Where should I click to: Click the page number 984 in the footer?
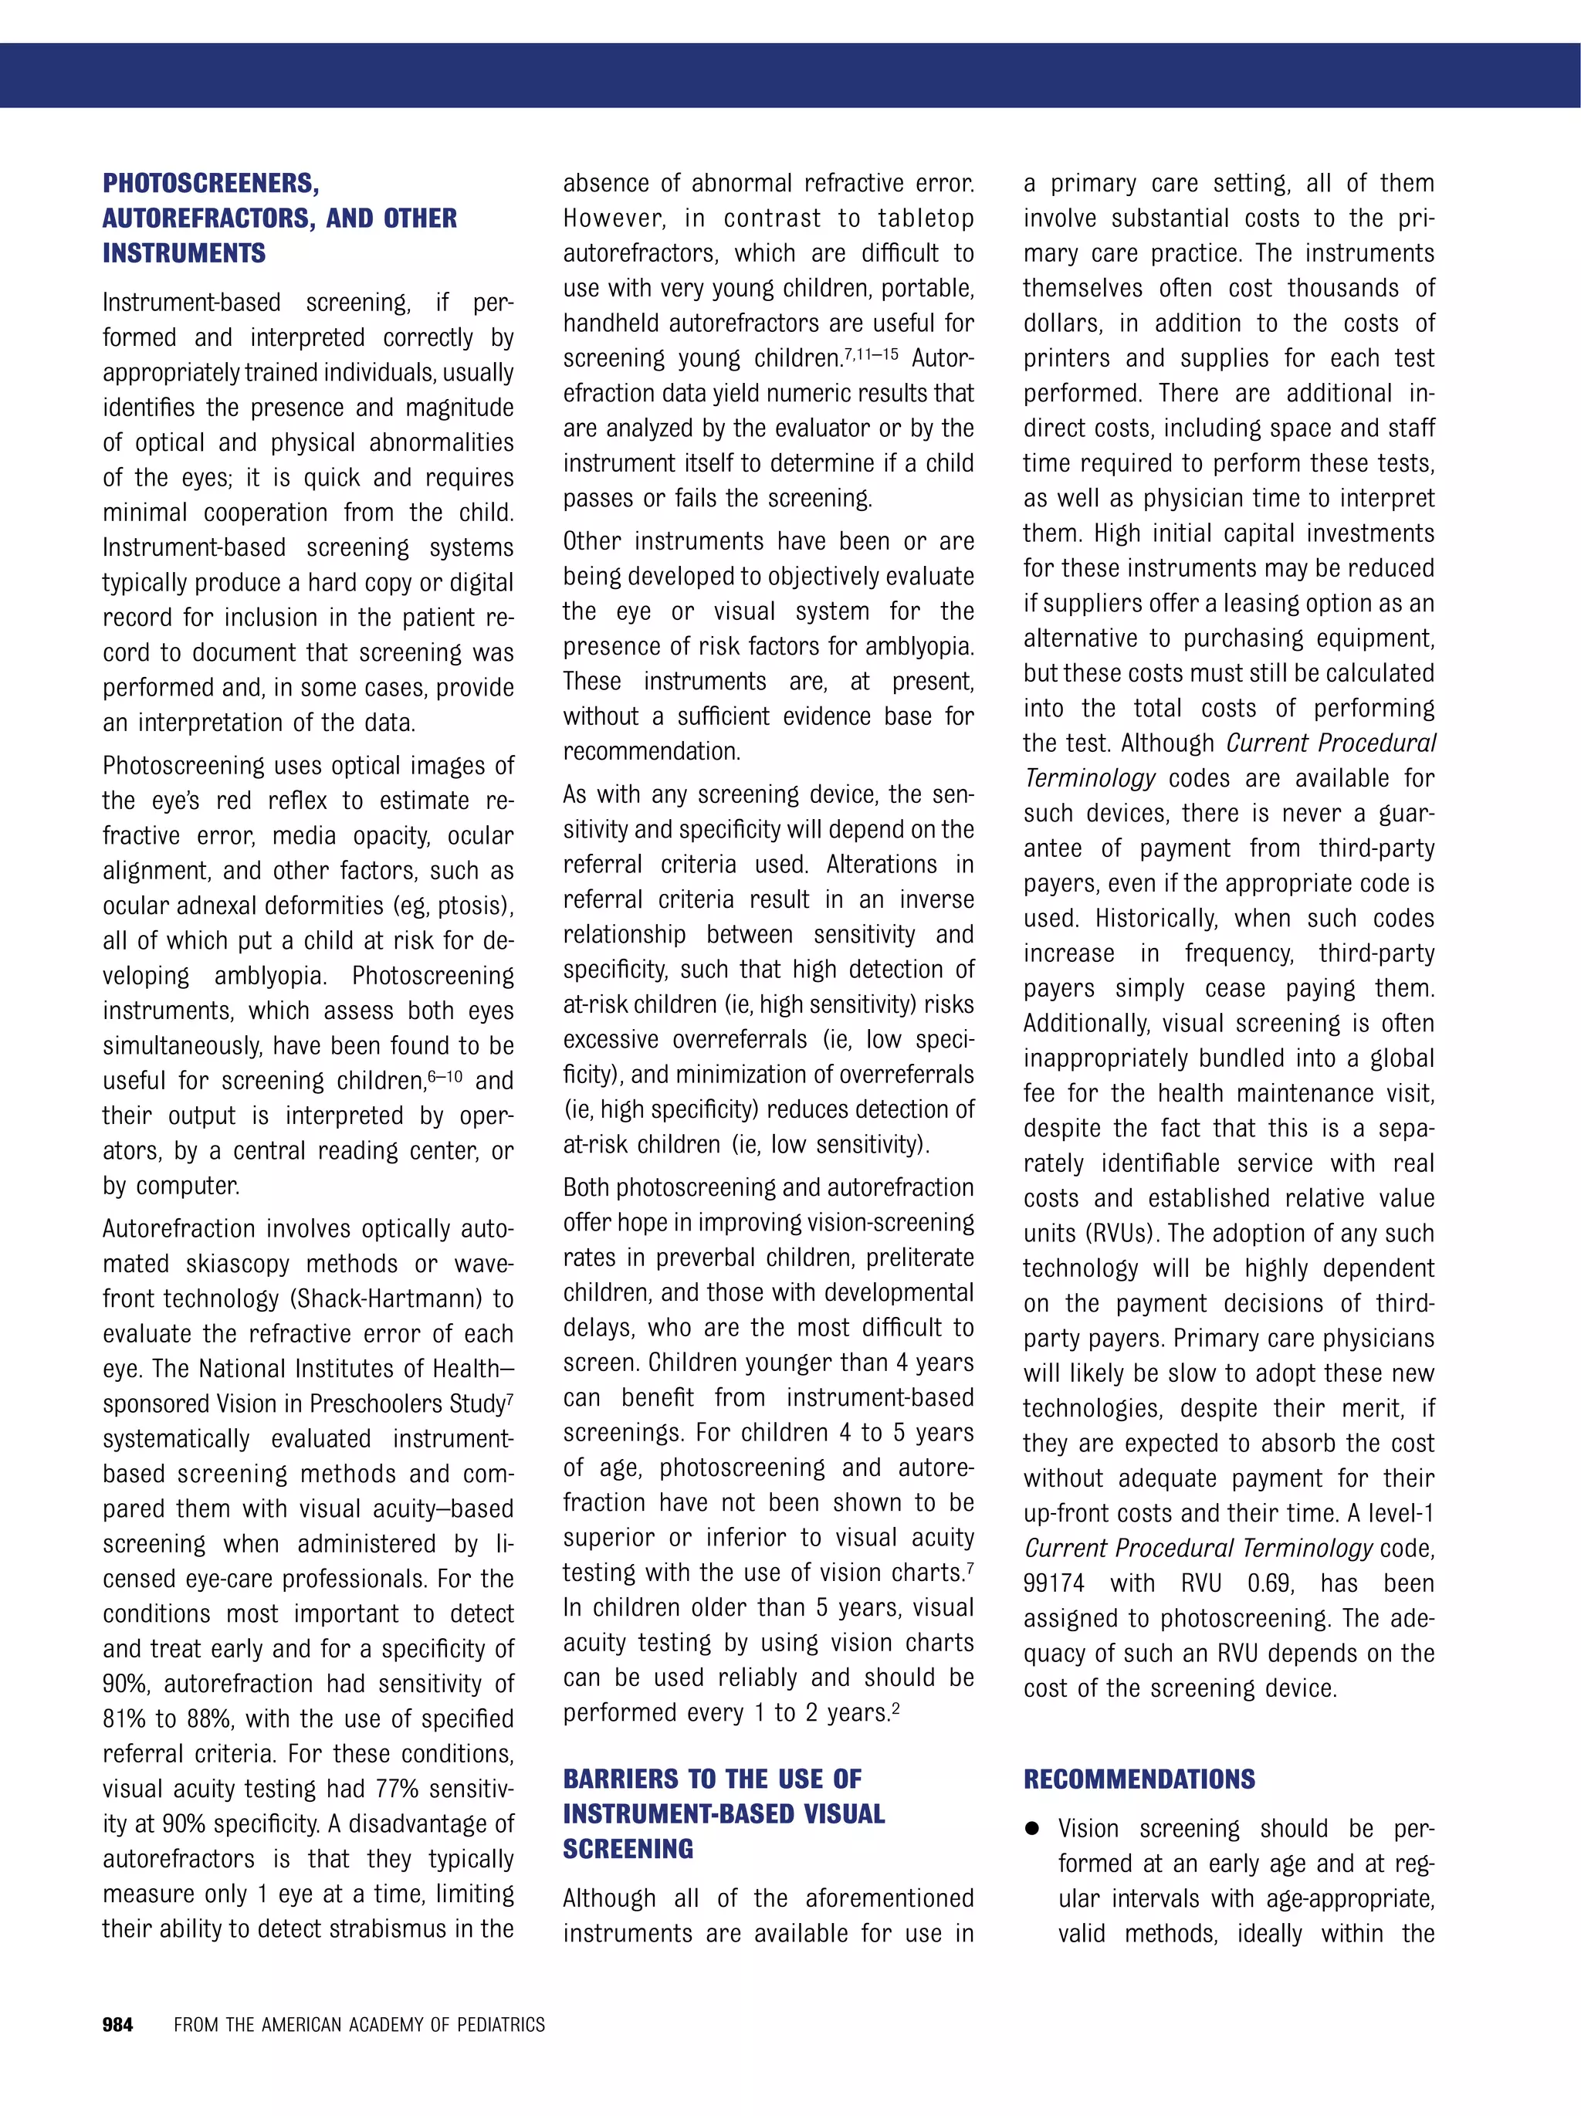tap(117, 2024)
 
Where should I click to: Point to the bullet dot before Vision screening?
tap(1032, 1828)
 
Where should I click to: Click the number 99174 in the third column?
tap(1054, 1583)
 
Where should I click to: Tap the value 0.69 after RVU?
tap(1270, 1583)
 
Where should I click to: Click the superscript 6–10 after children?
tap(445, 1076)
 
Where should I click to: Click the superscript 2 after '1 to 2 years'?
tap(895, 1707)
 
